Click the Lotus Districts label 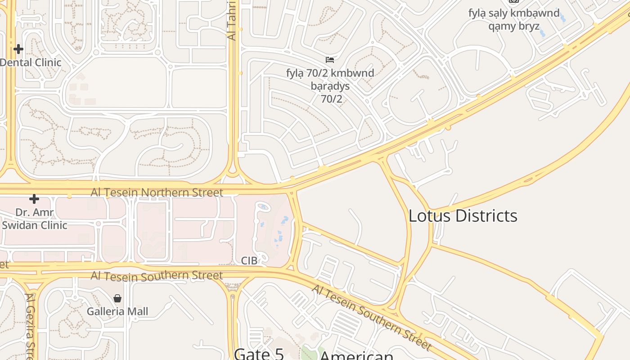463,216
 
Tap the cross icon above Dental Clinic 18,49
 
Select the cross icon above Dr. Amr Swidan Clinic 34,198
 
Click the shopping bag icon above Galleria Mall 117,298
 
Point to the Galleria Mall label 117,311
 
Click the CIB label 249,261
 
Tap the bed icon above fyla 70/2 330,59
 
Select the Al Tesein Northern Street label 157,193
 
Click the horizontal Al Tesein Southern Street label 157,275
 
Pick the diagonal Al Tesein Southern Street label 371,317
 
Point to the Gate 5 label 259,354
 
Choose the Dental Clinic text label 31,62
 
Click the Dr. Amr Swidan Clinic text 34,219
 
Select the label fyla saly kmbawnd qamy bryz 514,19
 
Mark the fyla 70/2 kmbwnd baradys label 330,85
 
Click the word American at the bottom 356,355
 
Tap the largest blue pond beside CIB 284,220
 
